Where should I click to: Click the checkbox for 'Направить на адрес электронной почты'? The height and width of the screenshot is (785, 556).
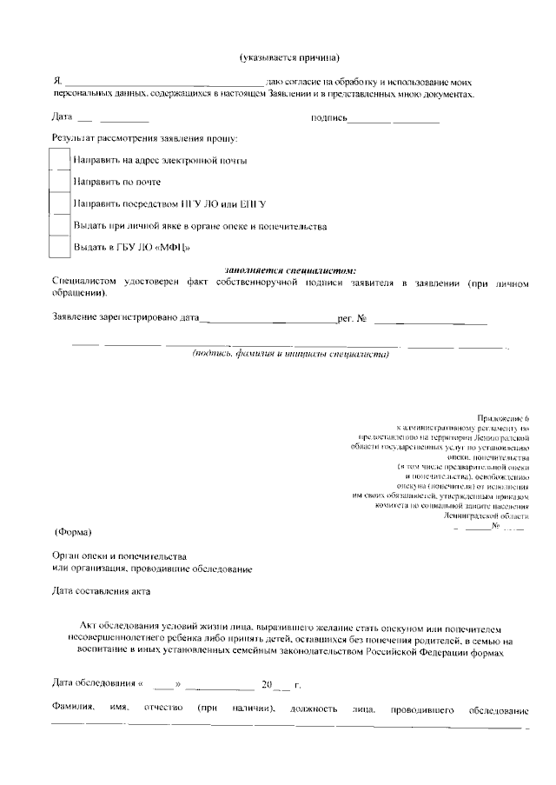point(59,160)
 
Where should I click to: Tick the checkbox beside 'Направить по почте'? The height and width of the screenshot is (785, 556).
point(59,182)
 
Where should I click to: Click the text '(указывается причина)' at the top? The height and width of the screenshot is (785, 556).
point(289,57)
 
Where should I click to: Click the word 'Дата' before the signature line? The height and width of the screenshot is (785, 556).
point(62,116)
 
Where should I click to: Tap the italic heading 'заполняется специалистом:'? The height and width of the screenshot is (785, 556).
point(289,270)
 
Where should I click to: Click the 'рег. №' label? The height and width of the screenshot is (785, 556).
point(352,319)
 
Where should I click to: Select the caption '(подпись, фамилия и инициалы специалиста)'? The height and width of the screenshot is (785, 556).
point(289,355)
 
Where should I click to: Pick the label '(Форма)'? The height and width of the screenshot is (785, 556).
point(72,531)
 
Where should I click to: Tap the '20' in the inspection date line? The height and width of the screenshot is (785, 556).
point(267,685)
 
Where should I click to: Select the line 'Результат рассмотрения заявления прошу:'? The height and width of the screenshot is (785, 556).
point(145,138)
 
